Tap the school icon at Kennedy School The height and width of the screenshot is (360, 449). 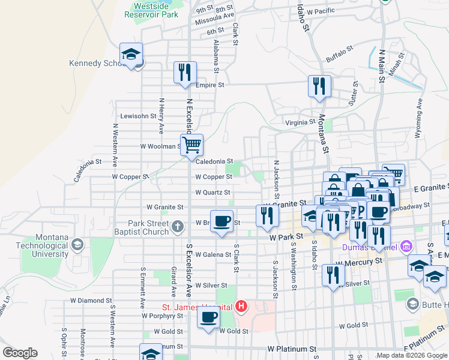(x=131, y=55)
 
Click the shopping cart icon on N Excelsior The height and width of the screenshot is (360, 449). (x=191, y=145)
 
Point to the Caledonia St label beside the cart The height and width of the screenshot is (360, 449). (x=214, y=161)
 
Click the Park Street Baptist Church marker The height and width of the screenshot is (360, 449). (x=176, y=226)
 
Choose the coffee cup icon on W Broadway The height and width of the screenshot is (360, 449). (x=221, y=220)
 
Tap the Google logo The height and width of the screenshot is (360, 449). (x=20, y=352)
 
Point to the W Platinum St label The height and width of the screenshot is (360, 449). (x=291, y=349)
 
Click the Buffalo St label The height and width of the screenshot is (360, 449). (x=338, y=56)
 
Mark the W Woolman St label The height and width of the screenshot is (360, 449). (x=160, y=146)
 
